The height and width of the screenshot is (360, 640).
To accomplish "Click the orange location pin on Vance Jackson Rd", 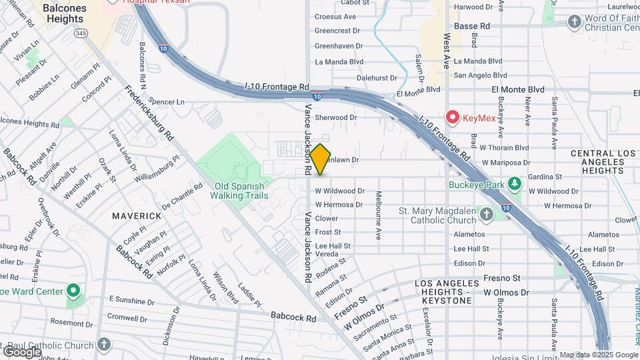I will coord(320,159).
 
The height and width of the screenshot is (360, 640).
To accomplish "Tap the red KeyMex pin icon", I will coord(453,117).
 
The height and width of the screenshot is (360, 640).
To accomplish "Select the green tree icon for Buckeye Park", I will coord(514,183).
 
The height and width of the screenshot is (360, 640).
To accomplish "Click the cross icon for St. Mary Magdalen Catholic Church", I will coord(487,214).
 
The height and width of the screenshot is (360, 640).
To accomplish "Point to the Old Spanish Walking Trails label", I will coord(239,191).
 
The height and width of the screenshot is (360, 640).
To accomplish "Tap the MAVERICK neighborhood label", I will coord(137,216).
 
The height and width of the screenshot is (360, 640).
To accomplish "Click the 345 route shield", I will coord(81,32).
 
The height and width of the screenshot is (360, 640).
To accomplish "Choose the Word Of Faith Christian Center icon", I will coord(574,22).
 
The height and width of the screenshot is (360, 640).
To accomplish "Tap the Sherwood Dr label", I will coord(336,117).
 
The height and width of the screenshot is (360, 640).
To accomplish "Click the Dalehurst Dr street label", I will coord(377,77).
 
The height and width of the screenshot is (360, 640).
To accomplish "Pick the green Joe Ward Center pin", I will coord(73,291).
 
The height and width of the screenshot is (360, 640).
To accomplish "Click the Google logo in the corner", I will coord(22,351).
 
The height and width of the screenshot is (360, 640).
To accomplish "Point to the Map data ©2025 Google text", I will coord(598,355).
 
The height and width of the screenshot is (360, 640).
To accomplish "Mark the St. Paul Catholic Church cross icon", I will coord(103,345).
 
